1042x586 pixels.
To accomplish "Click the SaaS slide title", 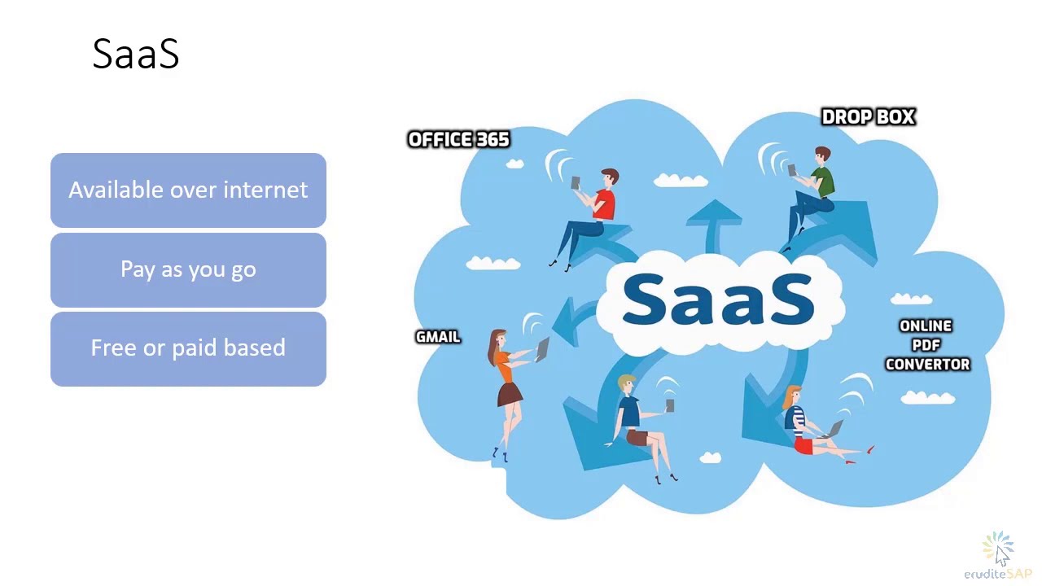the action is (135, 54).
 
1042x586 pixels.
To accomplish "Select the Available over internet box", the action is (188, 190).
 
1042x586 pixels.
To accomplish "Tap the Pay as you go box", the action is (188, 269).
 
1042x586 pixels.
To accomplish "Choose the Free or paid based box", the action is (188, 348).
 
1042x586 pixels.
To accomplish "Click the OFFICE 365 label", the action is (458, 140).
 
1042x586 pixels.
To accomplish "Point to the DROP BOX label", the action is (868, 117).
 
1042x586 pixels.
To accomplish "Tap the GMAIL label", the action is (438, 337).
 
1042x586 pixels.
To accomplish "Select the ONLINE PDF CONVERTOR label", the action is (926, 345).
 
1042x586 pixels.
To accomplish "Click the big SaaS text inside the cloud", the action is (718, 300).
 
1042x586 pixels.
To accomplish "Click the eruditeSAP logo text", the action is (997, 574).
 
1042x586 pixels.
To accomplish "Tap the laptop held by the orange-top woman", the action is (541, 350).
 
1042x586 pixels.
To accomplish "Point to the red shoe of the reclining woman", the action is (871, 448).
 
